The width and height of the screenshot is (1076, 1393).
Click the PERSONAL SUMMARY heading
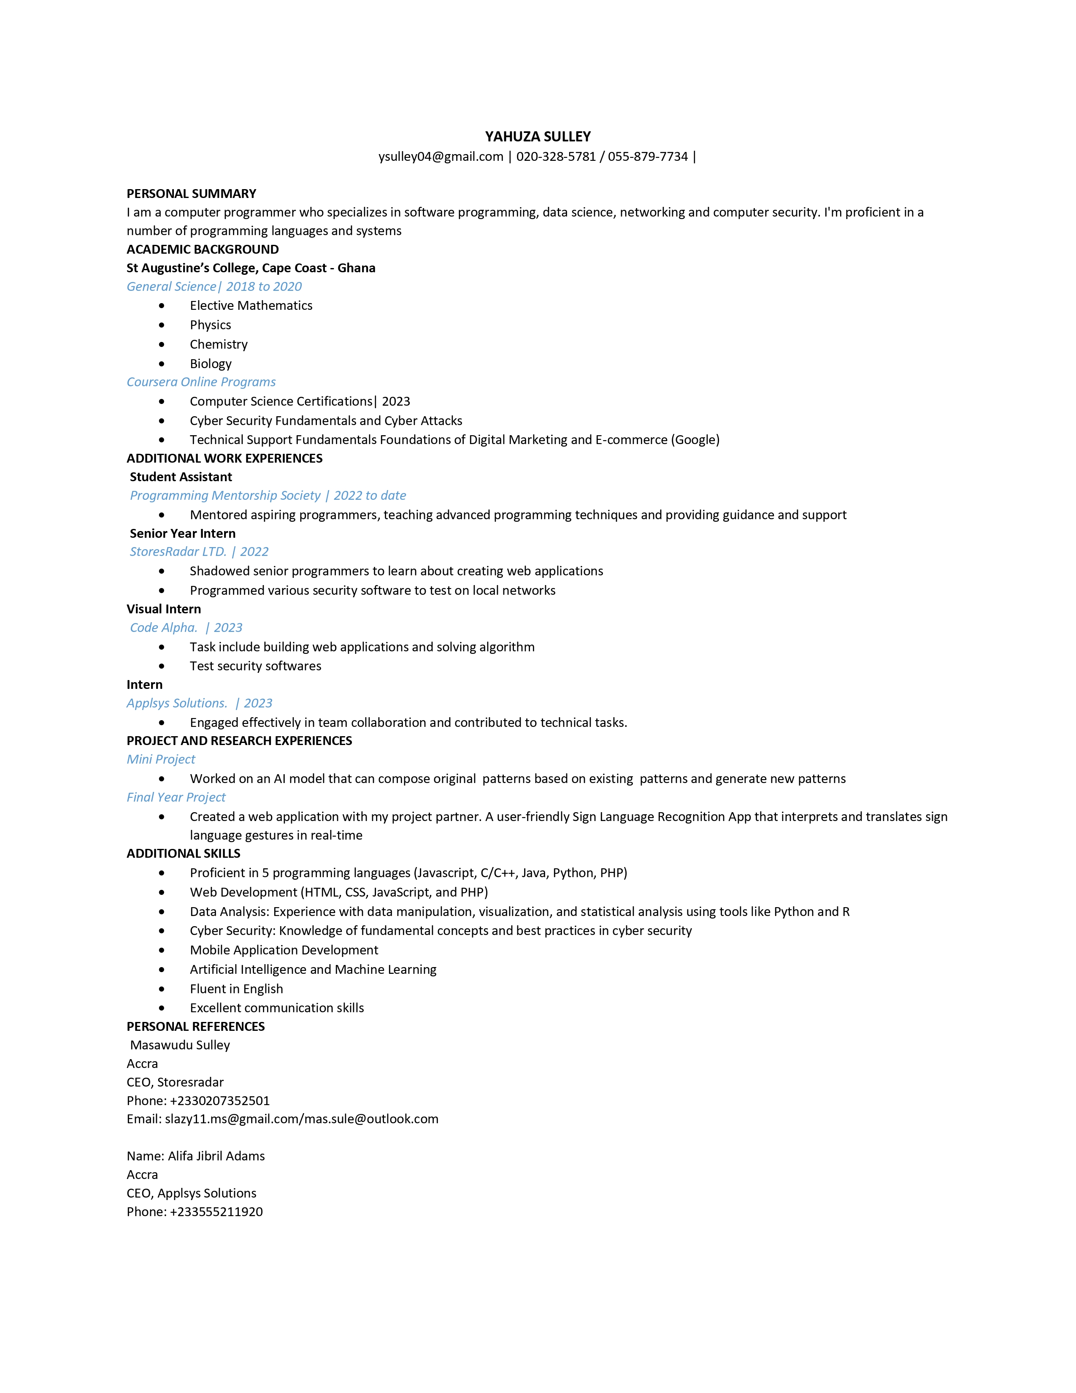[191, 194]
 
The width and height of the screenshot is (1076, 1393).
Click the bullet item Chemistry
[219, 344]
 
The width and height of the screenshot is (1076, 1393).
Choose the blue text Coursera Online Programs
[201, 382]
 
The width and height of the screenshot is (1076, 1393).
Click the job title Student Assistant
[181, 477]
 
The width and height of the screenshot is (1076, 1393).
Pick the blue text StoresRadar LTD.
[178, 552]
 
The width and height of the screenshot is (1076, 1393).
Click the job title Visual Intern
[164, 609]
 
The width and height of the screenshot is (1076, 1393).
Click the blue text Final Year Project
[176, 797]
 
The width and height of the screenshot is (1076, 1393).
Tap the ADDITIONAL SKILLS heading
[184, 854]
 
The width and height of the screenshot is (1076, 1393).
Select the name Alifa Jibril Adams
[216, 1156]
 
